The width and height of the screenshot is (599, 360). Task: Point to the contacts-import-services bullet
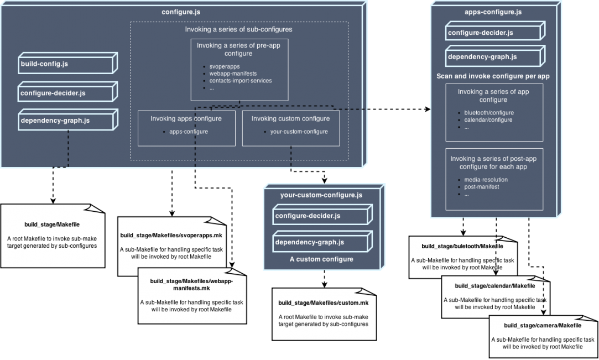[x=240, y=81]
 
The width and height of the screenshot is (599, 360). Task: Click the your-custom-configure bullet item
[x=299, y=132]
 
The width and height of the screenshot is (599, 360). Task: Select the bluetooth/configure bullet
[x=489, y=113]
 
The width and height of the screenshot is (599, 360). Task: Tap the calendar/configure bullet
[x=488, y=120]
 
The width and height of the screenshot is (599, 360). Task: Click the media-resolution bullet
[x=486, y=180]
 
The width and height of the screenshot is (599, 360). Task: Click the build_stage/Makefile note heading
[x=52, y=225]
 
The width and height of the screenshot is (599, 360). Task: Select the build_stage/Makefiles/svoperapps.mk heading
[x=171, y=236]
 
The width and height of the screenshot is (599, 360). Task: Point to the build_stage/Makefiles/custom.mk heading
[x=323, y=303]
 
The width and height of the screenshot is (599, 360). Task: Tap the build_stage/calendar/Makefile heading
[x=494, y=285]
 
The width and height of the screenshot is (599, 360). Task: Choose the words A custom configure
[x=321, y=259]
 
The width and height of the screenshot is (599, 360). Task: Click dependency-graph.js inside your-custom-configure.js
[x=310, y=242]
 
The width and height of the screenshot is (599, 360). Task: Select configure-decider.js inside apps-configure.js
[x=480, y=33]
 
